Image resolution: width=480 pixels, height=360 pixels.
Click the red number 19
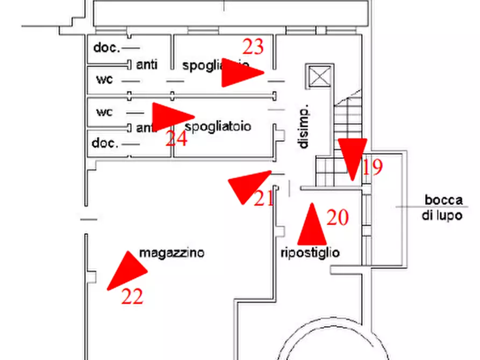(372, 167)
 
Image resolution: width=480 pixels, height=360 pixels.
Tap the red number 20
(338, 218)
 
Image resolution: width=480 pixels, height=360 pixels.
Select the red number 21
(263, 199)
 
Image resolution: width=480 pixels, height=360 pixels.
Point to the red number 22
(132, 296)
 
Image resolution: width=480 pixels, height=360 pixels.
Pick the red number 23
(253, 47)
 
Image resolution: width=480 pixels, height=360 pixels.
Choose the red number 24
(176, 139)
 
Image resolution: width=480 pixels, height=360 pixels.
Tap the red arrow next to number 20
(312, 226)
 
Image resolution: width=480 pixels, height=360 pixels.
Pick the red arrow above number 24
(171, 116)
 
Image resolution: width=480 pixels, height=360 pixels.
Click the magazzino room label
(171, 253)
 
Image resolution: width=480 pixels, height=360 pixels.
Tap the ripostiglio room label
(310, 253)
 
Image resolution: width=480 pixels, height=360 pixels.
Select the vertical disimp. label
(304, 127)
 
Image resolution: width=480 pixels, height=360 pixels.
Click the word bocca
(443, 200)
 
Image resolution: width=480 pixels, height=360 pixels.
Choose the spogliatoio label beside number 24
(218, 127)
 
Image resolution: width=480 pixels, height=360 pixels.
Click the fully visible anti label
(147, 65)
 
